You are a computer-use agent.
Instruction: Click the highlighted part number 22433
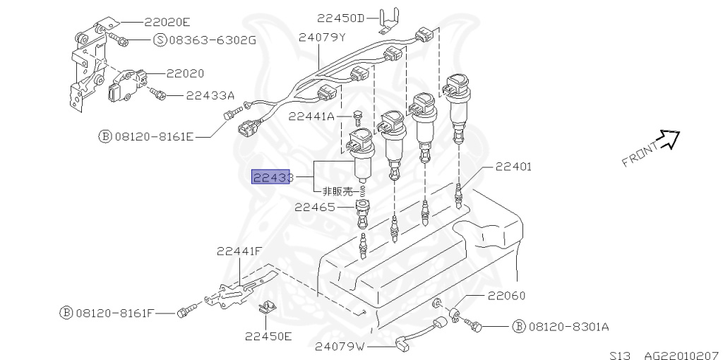tap(273, 177)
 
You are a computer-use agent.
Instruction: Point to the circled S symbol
tap(160, 40)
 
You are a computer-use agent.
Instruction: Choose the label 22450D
tap(341, 18)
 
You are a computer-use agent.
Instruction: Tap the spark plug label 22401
tap(513, 167)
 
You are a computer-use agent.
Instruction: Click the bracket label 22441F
tap(239, 250)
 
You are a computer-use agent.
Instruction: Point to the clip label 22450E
tap(268, 336)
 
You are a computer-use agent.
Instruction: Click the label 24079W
tap(340, 347)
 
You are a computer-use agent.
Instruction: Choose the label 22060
tap(506, 296)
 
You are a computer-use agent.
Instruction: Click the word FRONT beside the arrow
tap(640, 155)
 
